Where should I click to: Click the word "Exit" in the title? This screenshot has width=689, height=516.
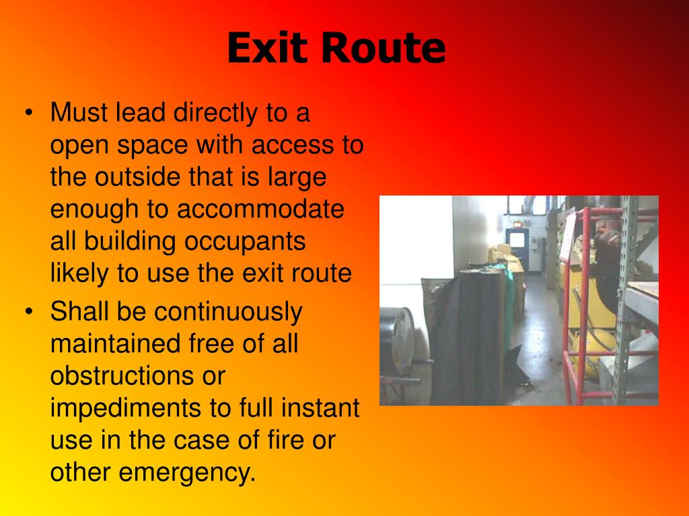point(267,49)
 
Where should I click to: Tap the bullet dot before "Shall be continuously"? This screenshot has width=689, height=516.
point(28,311)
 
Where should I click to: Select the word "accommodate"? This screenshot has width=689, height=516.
point(261,209)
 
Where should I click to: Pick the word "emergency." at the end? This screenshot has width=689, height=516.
point(188,473)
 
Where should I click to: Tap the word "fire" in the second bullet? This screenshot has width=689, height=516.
point(277,441)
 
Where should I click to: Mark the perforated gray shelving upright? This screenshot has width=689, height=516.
point(626,296)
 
